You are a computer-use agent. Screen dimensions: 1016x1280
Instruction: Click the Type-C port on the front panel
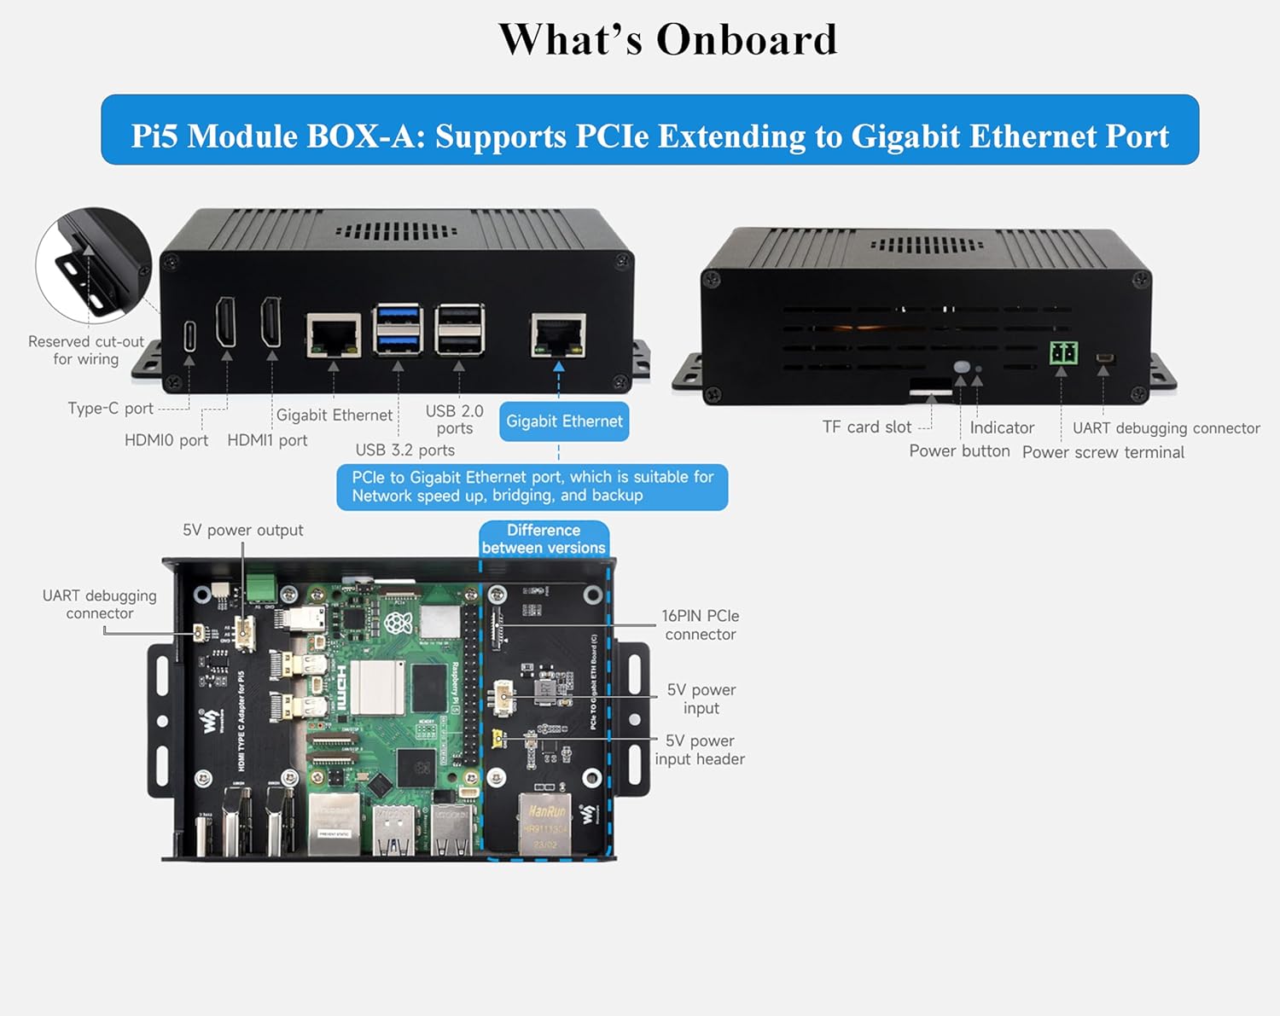189,335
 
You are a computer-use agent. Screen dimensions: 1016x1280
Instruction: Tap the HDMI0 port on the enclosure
226,322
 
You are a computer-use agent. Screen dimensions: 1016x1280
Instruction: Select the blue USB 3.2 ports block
398,328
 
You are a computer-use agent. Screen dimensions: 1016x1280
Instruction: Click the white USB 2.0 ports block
460,328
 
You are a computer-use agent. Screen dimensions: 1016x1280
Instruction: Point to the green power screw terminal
1062,352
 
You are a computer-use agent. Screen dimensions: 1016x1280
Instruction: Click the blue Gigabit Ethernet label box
564,421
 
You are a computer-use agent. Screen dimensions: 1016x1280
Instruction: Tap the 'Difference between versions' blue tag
544,539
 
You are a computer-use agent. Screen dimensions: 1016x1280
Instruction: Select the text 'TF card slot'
866,427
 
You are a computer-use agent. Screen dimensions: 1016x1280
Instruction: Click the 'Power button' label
959,451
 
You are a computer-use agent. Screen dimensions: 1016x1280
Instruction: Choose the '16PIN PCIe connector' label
700,625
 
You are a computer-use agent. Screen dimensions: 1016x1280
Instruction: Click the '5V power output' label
242,531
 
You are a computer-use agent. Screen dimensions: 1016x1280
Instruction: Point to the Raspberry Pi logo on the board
399,623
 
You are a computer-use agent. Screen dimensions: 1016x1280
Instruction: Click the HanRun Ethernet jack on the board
545,822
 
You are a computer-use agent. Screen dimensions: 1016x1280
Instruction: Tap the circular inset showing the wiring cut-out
94,265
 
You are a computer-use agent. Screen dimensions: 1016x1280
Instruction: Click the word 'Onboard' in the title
746,40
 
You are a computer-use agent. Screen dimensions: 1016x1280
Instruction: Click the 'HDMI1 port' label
267,441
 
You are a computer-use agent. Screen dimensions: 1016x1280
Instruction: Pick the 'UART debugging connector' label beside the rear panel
1166,428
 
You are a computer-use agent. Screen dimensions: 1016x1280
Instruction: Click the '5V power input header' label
700,750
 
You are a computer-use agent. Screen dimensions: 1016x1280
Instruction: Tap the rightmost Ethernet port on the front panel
558,335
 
